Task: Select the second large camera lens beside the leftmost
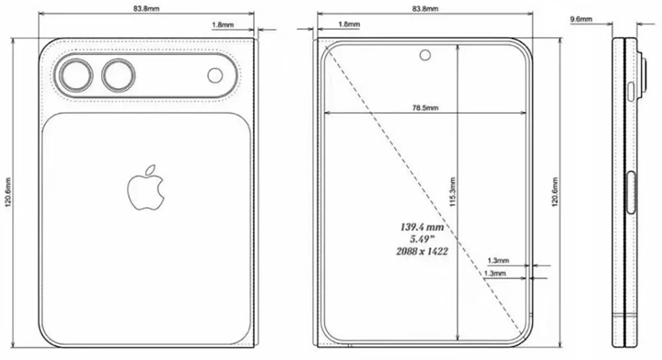click(117, 75)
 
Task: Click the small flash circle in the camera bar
click(215, 75)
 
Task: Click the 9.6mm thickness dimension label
click(582, 20)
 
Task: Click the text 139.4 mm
click(420, 227)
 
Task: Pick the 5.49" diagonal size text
click(420, 239)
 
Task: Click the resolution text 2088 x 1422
click(420, 251)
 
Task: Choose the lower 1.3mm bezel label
click(495, 273)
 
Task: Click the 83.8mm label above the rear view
click(146, 9)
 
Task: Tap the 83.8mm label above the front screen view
click(424, 9)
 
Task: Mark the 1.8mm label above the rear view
click(222, 24)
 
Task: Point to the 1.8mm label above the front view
click(349, 24)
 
